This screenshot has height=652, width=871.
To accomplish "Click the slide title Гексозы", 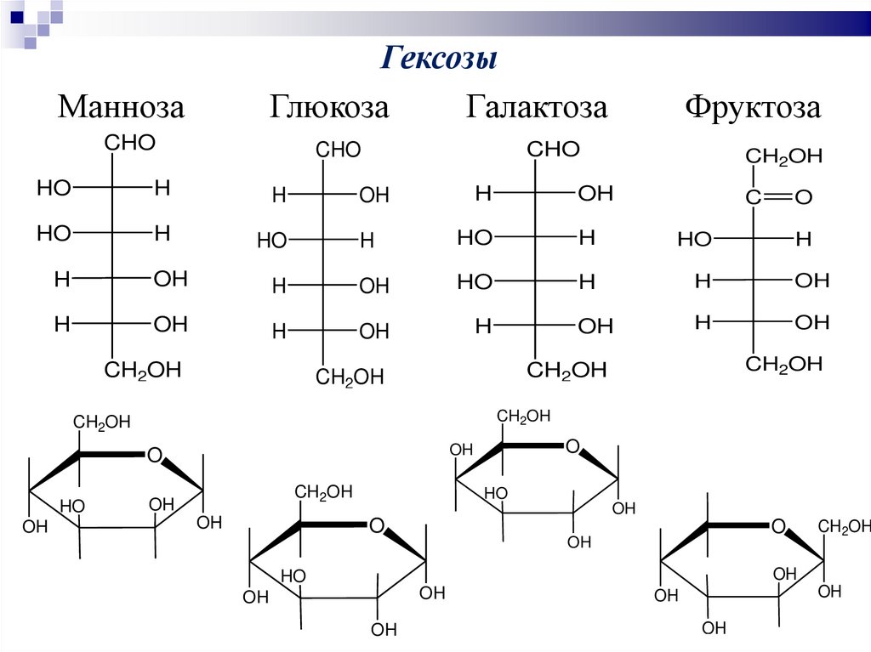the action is [x=437, y=60].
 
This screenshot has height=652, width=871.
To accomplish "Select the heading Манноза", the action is [x=121, y=107].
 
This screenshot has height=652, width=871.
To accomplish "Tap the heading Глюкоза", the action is [x=330, y=107].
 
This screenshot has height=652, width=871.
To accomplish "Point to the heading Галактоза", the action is [x=537, y=107].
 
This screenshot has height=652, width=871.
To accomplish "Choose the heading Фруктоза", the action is [x=754, y=107].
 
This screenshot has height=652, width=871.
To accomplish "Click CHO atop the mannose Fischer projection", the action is [x=130, y=143].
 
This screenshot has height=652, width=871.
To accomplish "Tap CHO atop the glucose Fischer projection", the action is [x=339, y=150].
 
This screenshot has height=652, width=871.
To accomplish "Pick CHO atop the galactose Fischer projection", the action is [x=553, y=150].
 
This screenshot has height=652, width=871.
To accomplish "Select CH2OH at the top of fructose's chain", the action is [x=784, y=156].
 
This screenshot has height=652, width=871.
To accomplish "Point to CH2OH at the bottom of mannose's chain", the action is [x=143, y=370].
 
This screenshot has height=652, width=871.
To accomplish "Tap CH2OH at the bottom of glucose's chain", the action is [x=350, y=377].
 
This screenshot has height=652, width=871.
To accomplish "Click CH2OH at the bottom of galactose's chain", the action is [x=566, y=370].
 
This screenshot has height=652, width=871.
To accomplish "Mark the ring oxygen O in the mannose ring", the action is [x=154, y=455].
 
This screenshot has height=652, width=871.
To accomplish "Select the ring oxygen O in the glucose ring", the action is [x=377, y=525].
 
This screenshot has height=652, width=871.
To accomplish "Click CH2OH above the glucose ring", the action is [x=324, y=492].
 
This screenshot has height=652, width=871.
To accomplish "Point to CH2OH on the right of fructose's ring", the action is [x=844, y=528].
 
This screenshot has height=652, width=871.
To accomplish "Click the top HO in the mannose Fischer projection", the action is [x=54, y=188].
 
